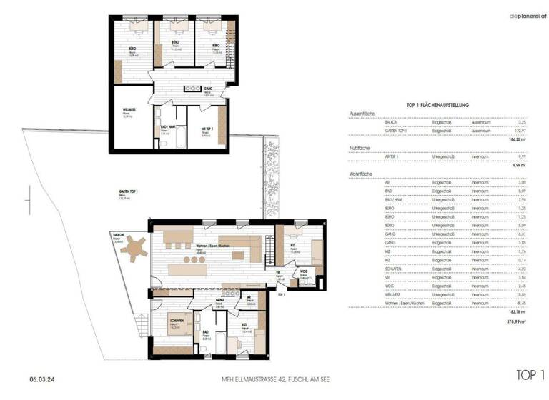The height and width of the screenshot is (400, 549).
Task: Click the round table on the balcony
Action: click(x=134, y=251)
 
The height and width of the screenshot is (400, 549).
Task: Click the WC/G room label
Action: click(x=302, y=271)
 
